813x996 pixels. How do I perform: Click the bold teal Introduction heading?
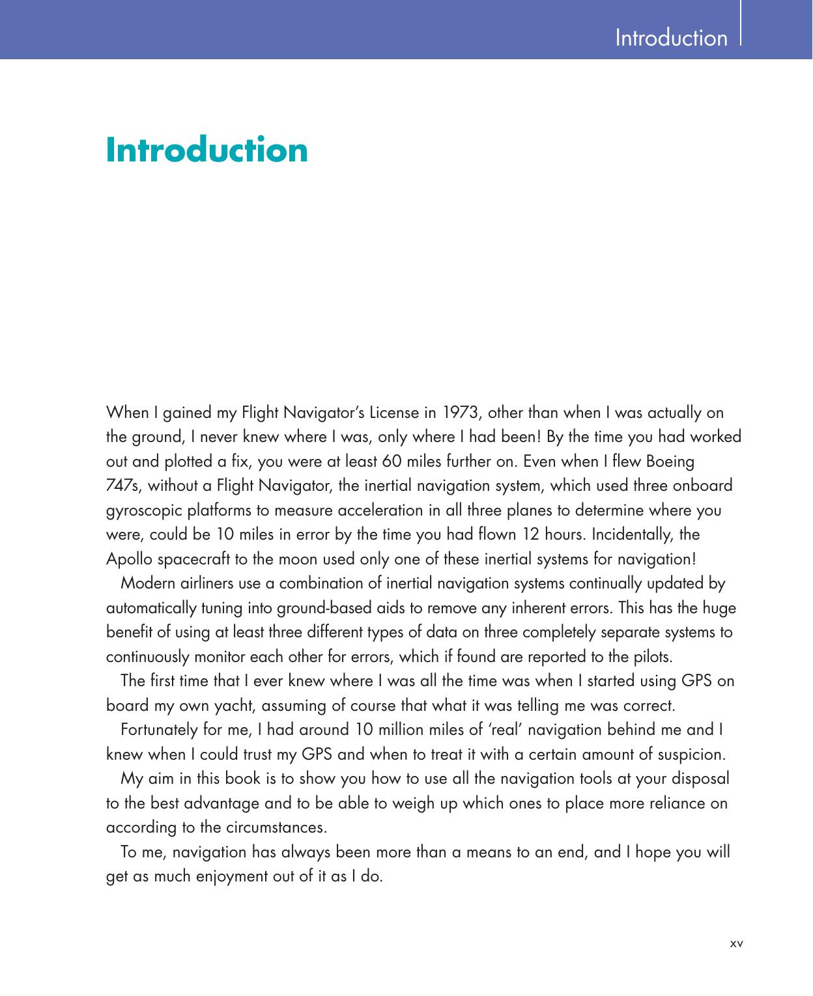[x=207, y=150]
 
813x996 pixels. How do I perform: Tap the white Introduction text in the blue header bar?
[x=671, y=38]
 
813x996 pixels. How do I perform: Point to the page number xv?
[x=737, y=942]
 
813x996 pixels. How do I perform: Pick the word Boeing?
[x=670, y=462]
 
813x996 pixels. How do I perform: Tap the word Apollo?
[x=128, y=559]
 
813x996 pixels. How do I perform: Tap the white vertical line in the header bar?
[x=741, y=23]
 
